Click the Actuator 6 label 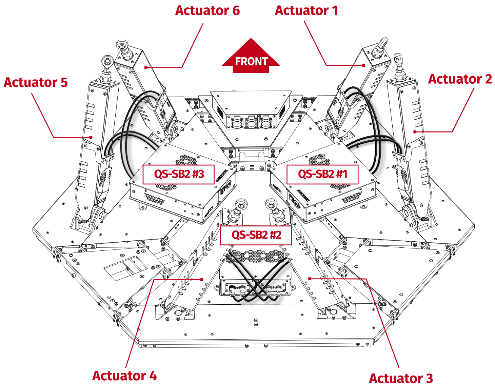(207, 11)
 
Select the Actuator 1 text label (306, 11)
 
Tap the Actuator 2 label (459, 79)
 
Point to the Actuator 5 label (36, 82)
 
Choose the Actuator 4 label (124, 376)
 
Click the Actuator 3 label (400, 378)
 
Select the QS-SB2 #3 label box (179, 174)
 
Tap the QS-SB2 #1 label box (322, 174)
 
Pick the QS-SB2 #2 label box (256, 235)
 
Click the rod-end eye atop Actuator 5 (107, 61)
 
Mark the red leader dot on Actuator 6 (146, 68)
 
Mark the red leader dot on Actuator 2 (415, 131)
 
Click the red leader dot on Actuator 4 (202, 280)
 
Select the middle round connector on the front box (251, 123)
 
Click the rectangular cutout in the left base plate (125, 267)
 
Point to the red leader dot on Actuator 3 (310, 279)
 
